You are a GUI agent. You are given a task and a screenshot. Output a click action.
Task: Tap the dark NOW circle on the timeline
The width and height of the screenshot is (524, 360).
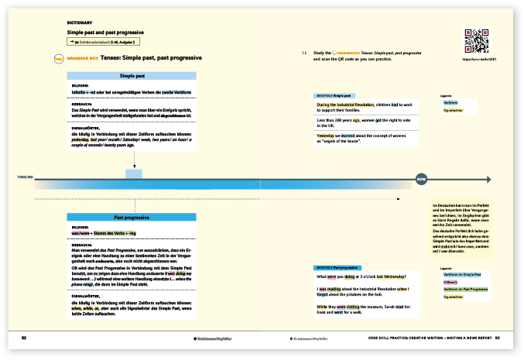pos(422,180)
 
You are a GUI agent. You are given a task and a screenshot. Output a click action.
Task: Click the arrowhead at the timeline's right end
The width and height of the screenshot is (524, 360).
pos(488,180)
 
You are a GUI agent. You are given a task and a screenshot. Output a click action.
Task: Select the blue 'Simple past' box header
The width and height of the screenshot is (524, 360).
pos(133,76)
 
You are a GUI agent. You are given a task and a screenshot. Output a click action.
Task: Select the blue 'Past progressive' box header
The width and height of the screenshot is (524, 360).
pos(133,219)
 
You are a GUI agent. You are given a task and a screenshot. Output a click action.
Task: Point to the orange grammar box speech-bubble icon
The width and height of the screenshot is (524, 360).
pos(57,58)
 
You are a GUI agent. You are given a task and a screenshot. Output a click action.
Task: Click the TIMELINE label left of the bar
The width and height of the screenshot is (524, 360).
pos(25,178)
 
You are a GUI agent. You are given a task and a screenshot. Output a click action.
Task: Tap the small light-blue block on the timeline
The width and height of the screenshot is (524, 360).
pos(133,175)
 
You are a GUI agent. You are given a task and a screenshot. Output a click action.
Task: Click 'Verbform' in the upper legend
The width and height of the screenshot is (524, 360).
pos(451,103)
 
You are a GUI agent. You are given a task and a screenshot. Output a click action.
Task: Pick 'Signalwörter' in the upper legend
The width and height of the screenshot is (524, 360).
pos(453,111)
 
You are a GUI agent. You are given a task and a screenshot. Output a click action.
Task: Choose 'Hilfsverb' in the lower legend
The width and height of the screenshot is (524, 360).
pos(451,281)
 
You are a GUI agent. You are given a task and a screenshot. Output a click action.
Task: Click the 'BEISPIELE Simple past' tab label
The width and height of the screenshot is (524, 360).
pos(334,95)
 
